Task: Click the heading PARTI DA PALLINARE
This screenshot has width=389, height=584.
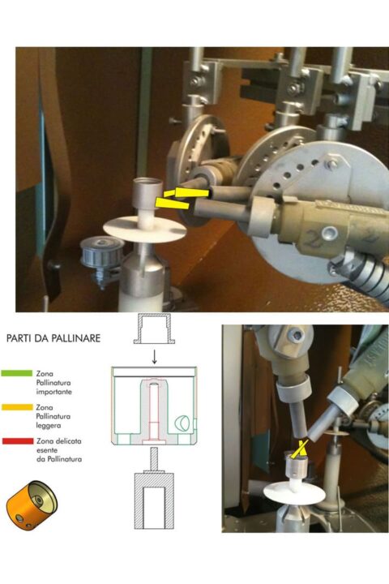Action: (53, 338)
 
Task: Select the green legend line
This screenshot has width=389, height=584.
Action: (17, 373)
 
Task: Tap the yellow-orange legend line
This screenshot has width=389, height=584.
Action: (17, 407)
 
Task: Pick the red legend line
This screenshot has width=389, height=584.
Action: (18, 441)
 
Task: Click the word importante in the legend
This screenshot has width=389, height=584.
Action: (54, 392)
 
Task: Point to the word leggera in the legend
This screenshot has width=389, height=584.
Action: (49, 425)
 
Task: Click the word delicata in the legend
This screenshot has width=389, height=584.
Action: (70, 441)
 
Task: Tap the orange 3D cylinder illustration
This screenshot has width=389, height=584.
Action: (32, 505)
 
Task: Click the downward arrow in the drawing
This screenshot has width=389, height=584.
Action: (154, 358)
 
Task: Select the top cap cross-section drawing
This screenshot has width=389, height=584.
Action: (154, 328)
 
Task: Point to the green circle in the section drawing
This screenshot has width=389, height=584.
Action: (182, 422)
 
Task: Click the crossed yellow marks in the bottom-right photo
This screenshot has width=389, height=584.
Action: (299, 448)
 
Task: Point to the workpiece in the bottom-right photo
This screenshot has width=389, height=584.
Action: (297, 466)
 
